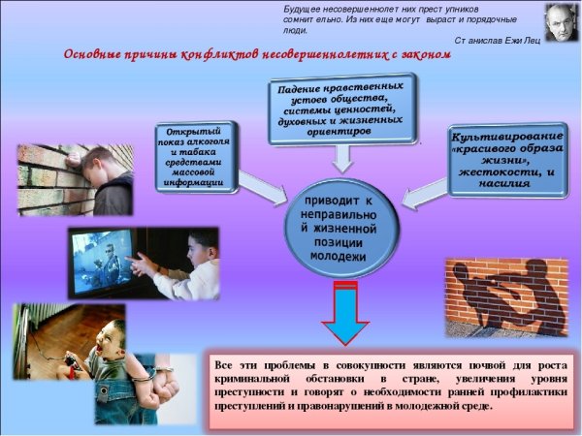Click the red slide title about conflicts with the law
[258, 56]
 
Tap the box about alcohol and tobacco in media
[196, 156]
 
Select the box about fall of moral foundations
[339, 112]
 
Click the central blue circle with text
[339, 229]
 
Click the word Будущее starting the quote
[303, 7]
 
